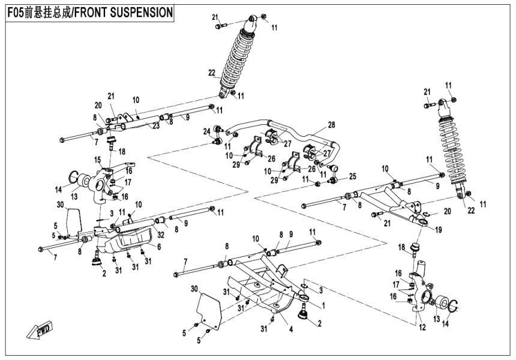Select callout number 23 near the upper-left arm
155,126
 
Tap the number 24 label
206,131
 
